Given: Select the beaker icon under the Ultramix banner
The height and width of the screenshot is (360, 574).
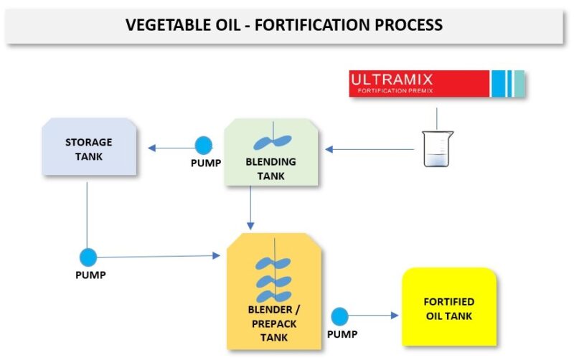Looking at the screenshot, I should (438, 149).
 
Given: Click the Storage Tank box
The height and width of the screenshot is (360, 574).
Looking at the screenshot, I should (89, 148).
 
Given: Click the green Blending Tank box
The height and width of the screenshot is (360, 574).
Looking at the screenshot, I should (271, 153).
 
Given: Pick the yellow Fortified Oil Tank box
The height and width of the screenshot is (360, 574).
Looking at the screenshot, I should (449, 307).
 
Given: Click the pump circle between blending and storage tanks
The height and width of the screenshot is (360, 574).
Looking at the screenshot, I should (204, 146).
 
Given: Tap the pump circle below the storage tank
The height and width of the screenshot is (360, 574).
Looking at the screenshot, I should (88, 257).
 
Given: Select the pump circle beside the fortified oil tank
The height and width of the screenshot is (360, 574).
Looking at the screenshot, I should (339, 316).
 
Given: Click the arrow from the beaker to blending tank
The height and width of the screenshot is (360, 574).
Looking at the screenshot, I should (370, 149).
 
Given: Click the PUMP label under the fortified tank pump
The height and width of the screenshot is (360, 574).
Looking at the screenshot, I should (342, 334).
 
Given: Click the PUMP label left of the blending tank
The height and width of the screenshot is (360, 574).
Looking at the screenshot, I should (206, 163).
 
